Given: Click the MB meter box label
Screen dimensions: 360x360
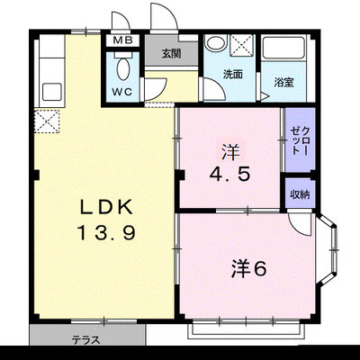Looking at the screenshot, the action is click(122, 40).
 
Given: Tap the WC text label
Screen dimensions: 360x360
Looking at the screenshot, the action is click(122, 92).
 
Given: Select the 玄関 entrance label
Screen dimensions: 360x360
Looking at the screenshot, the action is click(171, 53).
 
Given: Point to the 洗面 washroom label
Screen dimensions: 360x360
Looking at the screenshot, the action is click(232, 74).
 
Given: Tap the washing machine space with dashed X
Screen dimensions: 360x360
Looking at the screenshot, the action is click(242, 45).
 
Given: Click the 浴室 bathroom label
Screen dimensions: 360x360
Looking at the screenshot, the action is click(283, 82).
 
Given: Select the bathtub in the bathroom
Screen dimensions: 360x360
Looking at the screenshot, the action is click(283, 48).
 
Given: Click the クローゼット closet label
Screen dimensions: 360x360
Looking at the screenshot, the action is click(300, 140).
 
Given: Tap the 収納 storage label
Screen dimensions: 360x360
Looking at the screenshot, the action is click(300, 194).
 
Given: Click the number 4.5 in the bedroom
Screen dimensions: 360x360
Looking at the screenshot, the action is click(229, 175).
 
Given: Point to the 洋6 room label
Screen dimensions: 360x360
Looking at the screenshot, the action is click(248, 268).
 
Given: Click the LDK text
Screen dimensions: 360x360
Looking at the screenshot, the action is click(106, 207).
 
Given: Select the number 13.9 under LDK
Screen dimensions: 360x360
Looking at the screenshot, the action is click(107, 233).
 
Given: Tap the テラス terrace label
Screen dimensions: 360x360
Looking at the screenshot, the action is click(85, 340).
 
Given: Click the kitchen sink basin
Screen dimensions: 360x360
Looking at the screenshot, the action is click(52, 92).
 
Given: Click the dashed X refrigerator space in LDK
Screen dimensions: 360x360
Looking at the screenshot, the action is click(47, 121).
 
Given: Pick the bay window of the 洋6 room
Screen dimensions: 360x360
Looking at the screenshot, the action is click(328, 250).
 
